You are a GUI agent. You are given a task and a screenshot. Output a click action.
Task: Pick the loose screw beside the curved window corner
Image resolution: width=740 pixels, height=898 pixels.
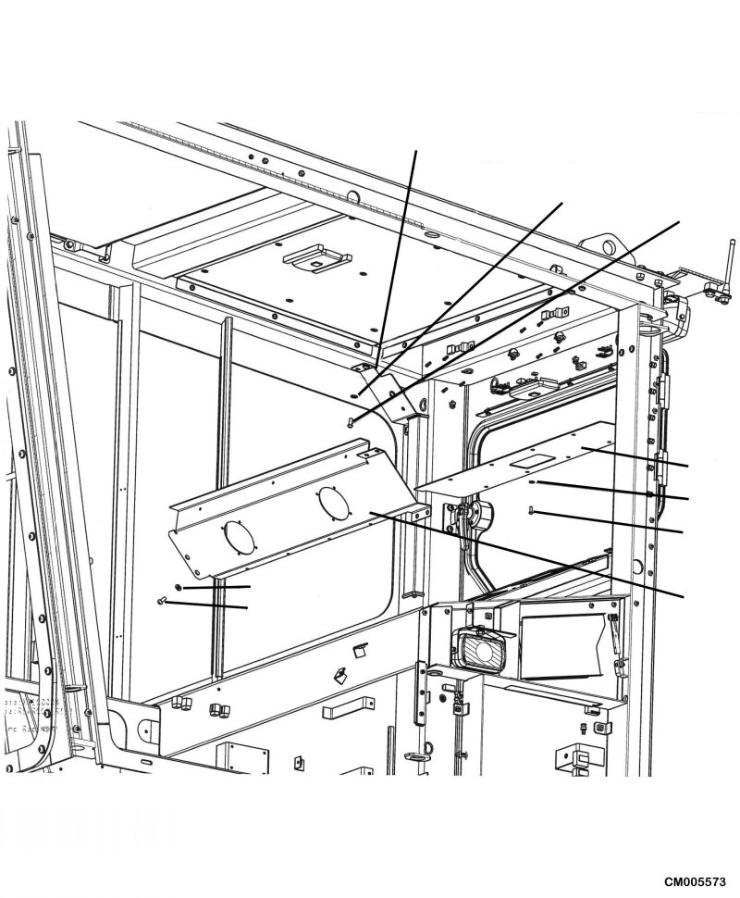(x=350, y=422)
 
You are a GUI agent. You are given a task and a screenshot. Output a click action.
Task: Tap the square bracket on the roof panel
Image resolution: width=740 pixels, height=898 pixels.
(x=316, y=256)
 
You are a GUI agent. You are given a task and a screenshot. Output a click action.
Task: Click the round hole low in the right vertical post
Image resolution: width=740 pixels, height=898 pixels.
(x=637, y=566)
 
